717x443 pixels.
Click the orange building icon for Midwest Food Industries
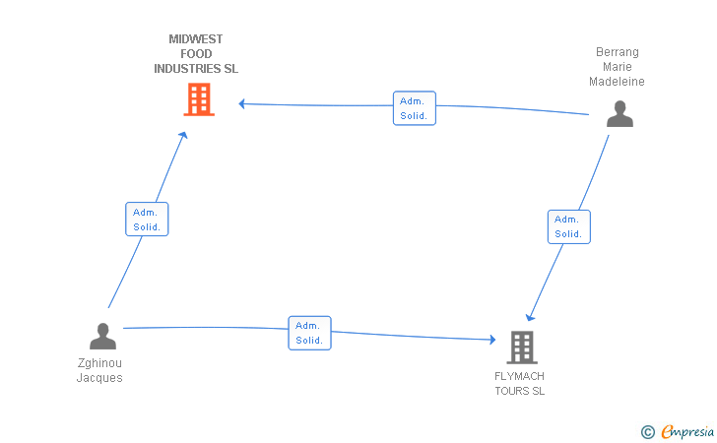click(x=199, y=99)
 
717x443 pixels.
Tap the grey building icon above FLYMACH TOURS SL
click(x=522, y=347)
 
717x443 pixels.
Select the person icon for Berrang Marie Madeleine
click(x=619, y=113)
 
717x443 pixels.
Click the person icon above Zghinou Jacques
click(x=102, y=336)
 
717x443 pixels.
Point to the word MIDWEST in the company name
click(x=196, y=39)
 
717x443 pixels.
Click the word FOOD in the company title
click(x=196, y=54)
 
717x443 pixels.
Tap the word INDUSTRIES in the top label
click(x=187, y=69)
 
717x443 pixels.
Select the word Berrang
click(x=618, y=52)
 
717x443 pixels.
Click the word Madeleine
click(x=617, y=82)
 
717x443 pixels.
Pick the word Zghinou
click(x=99, y=363)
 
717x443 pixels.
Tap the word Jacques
click(x=99, y=378)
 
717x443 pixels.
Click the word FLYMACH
click(x=519, y=376)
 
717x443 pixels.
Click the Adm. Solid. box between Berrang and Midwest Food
click(x=415, y=108)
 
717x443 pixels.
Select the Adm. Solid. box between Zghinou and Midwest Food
click(x=147, y=219)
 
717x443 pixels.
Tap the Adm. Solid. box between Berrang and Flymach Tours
click(x=569, y=226)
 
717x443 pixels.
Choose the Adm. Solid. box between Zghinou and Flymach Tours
click(x=309, y=333)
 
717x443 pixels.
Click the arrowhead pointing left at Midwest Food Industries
click(x=242, y=104)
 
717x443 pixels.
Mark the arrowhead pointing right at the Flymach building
click(x=492, y=340)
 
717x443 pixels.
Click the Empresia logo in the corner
click(x=678, y=431)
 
